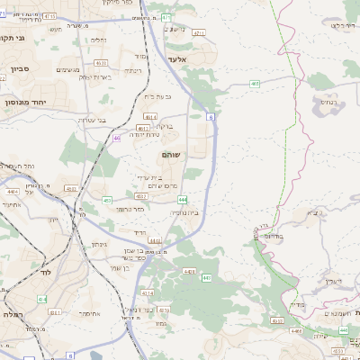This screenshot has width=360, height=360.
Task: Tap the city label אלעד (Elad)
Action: tap(176, 58)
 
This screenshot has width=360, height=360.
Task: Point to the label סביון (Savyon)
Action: tap(20, 67)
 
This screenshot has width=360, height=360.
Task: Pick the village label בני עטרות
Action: tap(91, 120)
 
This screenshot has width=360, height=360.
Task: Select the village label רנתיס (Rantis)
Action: tap(332, 102)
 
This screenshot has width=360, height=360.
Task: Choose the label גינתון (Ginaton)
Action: tap(100, 244)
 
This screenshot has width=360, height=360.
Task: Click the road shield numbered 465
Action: tap(256, 84)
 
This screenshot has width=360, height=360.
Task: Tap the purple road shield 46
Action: tap(117, 139)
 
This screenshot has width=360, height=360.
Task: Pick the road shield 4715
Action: tap(49, 16)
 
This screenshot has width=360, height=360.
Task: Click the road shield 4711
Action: tap(199, 31)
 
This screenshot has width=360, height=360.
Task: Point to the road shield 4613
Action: tap(149, 116)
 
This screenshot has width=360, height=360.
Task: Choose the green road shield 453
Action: tap(107, 200)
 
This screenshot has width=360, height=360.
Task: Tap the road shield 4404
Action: tap(12, 192)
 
